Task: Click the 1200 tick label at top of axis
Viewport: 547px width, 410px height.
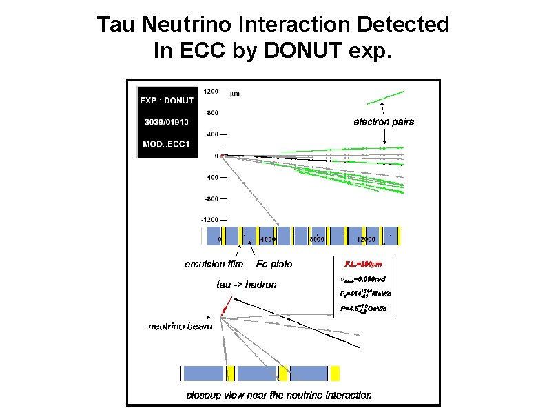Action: pos(210,92)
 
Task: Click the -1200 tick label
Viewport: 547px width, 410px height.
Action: pos(209,220)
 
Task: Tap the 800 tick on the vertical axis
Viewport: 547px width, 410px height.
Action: pos(212,113)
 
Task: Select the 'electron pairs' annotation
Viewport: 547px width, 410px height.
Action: pos(384,122)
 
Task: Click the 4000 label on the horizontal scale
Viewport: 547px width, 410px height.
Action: pos(269,240)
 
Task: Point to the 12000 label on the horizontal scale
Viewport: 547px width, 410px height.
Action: pos(365,240)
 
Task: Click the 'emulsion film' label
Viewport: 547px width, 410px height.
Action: pos(214,264)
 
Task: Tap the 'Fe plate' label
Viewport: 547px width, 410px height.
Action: pos(274,264)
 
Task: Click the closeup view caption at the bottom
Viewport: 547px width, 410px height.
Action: pos(279,396)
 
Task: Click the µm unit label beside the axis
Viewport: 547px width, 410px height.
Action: pos(234,93)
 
